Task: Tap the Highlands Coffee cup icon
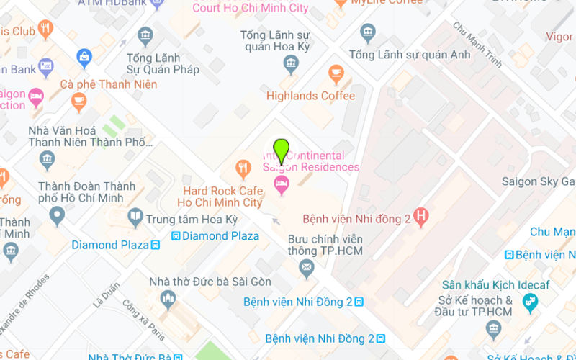[x=336, y=73]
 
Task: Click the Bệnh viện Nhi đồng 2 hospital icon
[x=422, y=215]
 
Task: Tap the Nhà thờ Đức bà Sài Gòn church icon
[x=168, y=298]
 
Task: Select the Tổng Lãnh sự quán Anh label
[x=409, y=55]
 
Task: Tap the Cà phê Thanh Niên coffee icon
[x=79, y=102]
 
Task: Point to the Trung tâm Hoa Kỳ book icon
[x=135, y=216]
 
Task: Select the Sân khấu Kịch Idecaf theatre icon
[x=531, y=302]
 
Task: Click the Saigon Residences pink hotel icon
[x=282, y=186]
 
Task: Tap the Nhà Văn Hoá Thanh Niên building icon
[x=48, y=158]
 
